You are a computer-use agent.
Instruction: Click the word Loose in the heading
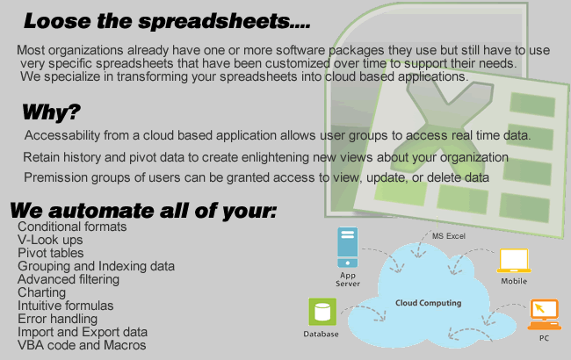point(57,21)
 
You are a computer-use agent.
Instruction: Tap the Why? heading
point(51,112)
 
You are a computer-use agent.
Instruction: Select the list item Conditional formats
point(72,227)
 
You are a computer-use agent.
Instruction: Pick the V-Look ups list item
point(50,240)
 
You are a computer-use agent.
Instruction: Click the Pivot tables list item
point(51,253)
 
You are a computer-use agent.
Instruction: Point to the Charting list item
point(42,292)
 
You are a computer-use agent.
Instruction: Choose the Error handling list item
point(57,319)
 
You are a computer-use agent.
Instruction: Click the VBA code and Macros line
point(82,345)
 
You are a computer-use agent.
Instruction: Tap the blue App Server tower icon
point(347,247)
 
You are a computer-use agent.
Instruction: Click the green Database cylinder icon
point(322,312)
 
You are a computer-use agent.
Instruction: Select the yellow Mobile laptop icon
point(514,261)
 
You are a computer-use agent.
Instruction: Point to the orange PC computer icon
point(544,314)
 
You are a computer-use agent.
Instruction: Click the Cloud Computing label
point(429,303)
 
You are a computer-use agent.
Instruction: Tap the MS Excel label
point(449,236)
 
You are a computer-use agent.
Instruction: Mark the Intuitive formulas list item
point(66,306)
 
